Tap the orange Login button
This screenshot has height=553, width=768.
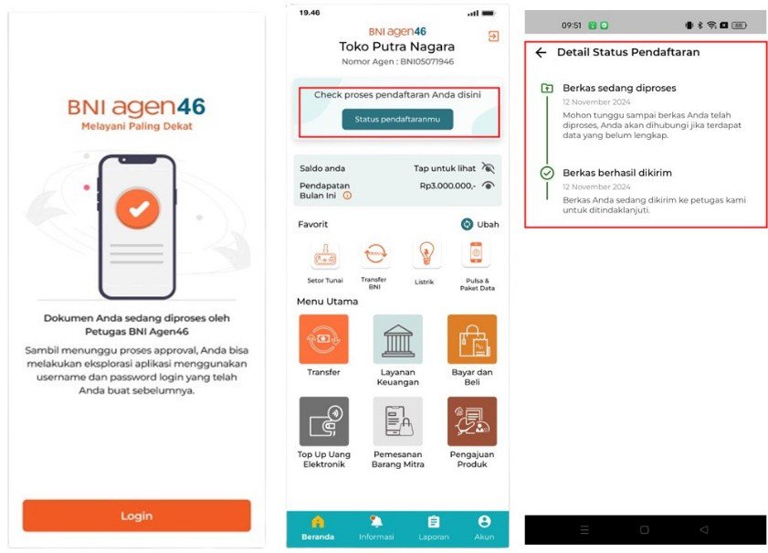pyautogui.click(x=137, y=516)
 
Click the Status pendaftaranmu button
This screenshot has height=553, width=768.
pyautogui.click(x=397, y=119)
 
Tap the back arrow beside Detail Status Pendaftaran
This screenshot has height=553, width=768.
pyautogui.click(x=541, y=52)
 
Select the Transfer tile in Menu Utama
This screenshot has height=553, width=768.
pyautogui.click(x=324, y=339)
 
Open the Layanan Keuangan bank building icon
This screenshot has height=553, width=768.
pyautogui.click(x=398, y=339)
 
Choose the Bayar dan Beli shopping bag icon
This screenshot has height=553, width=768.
pyautogui.click(x=472, y=339)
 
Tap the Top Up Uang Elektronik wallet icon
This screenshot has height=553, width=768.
pyautogui.click(x=324, y=421)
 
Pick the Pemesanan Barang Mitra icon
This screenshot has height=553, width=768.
pyautogui.click(x=398, y=421)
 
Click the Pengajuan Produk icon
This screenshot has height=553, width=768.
pyautogui.click(x=472, y=421)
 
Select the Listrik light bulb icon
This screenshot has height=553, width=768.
pyautogui.click(x=426, y=254)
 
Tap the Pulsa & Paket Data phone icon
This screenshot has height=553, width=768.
pyautogui.click(x=476, y=254)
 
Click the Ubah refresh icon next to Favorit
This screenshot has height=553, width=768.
pyautogui.click(x=467, y=224)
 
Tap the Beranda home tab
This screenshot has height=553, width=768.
pyautogui.click(x=318, y=528)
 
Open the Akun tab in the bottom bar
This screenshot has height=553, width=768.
pyautogui.click(x=484, y=528)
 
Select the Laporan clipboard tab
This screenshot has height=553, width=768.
pyautogui.click(x=434, y=528)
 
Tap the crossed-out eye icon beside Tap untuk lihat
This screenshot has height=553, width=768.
pyautogui.click(x=488, y=168)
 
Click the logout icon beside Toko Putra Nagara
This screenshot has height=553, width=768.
pyautogui.click(x=493, y=36)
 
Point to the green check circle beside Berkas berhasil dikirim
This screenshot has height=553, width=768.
pyautogui.click(x=547, y=173)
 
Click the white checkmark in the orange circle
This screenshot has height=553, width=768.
pyautogui.click(x=139, y=209)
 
